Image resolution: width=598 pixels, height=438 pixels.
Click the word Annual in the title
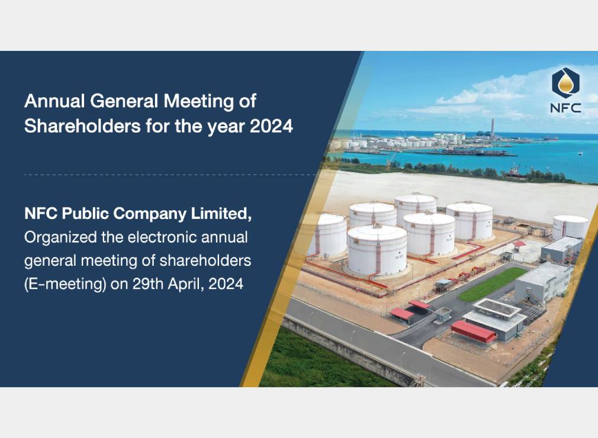point(54,101)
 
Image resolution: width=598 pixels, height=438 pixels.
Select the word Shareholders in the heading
point(82,126)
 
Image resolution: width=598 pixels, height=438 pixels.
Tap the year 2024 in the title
point(271,126)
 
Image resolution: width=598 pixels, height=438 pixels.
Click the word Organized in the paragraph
point(60,237)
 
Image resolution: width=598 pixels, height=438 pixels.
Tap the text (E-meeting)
point(65,284)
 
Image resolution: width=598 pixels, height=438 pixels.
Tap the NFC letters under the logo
point(565,108)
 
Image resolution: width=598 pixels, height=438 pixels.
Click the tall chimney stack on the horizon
point(493,125)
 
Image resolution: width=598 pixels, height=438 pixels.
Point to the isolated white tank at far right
point(571,227)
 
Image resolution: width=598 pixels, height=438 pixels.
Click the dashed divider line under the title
point(171,175)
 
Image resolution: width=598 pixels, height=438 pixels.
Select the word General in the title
point(124,101)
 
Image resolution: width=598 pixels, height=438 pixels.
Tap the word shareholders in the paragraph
point(205,261)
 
